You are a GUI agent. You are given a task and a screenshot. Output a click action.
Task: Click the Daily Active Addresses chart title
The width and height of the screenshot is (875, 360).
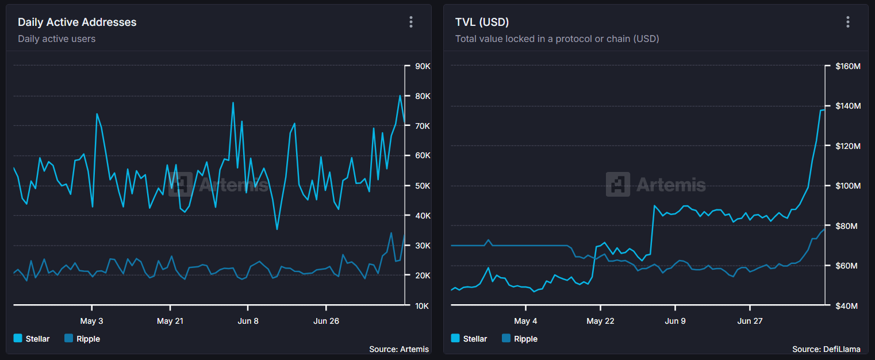coord(77,22)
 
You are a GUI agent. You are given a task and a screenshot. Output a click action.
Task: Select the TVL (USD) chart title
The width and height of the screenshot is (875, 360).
coord(482,22)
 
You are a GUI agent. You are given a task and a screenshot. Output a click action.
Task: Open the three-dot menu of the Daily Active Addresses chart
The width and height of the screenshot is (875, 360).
coord(410,22)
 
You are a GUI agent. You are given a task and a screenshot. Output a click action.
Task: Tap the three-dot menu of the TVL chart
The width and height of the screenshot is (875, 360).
coord(847,22)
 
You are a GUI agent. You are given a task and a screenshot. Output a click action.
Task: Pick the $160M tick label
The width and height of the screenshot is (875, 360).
coord(847,66)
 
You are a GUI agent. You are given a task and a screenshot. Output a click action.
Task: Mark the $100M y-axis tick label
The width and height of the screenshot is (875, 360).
coord(847,186)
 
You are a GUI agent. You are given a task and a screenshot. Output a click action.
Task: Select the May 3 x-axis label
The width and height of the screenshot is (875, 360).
coord(92,321)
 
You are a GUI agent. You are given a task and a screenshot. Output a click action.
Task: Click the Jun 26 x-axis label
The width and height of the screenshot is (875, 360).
coord(326,321)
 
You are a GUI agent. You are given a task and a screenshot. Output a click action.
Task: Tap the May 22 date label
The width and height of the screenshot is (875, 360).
coord(600,321)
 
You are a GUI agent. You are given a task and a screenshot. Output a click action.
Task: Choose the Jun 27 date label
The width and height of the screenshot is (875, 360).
coord(750,321)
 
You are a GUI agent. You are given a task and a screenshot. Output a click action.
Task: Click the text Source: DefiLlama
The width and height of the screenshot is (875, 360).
coord(826,349)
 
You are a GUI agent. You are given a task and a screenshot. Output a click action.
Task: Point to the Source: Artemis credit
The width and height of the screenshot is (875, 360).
coord(398,349)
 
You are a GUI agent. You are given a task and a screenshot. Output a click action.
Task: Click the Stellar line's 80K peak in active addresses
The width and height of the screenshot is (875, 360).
coord(400,95)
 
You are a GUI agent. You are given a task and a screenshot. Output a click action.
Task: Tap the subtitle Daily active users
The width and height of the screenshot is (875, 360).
coord(56,39)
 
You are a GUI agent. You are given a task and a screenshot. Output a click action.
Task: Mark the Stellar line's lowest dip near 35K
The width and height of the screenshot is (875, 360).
coord(277,229)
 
